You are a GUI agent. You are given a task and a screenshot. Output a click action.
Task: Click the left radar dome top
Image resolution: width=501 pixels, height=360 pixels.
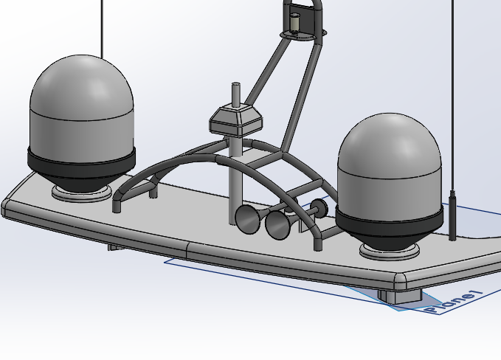(x=81, y=81)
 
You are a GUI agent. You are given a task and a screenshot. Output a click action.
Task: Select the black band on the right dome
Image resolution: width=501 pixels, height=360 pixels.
(x=390, y=219)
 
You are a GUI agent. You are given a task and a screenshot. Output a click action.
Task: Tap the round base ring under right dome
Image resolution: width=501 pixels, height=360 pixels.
(x=390, y=252)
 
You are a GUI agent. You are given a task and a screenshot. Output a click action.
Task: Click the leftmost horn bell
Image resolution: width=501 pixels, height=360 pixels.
(x=246, y=219)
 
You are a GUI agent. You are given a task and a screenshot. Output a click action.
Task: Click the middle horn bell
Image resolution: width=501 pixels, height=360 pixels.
(x=277, y=224)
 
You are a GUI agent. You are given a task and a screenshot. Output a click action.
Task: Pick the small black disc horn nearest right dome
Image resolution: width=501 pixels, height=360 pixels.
(x=318, y=208)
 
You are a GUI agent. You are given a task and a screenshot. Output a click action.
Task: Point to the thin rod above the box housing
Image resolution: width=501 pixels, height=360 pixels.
(x=236, y=94)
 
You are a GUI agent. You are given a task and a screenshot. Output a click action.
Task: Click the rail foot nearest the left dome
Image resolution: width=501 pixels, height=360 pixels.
(x=117, y=204)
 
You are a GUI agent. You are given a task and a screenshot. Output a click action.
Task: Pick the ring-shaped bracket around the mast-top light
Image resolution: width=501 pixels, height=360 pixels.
(x=303, y=34)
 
